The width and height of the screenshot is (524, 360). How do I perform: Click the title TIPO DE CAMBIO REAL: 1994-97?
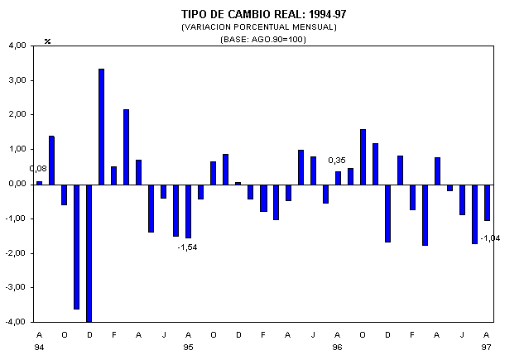[263, 14]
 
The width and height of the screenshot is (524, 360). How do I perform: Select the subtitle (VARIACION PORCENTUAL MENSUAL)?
[263, 27]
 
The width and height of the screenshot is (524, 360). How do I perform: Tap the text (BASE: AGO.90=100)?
[263, 39]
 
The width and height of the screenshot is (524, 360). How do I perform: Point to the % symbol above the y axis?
[47, 41]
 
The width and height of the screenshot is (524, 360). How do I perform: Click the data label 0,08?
[38, 169]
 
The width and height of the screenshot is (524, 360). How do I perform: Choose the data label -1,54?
[187, 247]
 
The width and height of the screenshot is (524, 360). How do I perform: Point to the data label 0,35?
[337, 160]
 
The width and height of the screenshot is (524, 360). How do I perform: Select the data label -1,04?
[492, 238]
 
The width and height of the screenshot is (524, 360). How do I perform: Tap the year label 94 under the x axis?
[39, 347]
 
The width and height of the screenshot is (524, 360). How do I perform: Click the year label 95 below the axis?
[188, 347]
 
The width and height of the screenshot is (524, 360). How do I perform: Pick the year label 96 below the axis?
[338, 347]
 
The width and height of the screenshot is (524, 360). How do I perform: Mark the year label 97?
[487, 347]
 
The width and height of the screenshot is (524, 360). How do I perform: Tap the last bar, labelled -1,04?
[488, 202]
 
